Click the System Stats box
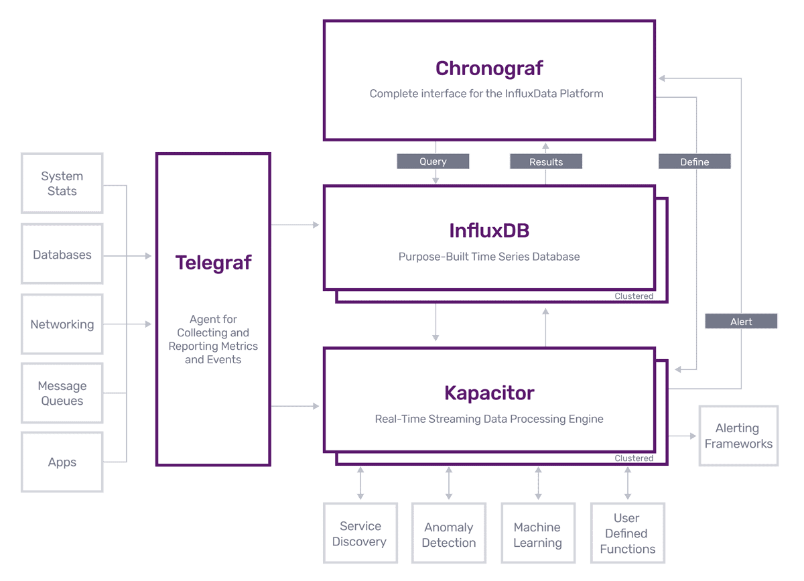(62, 184)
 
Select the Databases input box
(62, 255)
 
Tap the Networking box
(62, 324)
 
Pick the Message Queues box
(62, 393)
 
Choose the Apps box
(62, 462)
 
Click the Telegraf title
(213, 263)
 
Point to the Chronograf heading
(489, 68)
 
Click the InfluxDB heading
(489, 231)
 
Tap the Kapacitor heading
(489, 393)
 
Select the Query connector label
(433, 162)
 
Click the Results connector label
(546, 162)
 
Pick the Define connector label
(694, 162)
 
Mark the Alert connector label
(741, 322)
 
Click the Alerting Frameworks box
(738, 436)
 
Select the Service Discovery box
(360, 534)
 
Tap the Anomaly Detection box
(449, 535)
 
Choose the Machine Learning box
(537, 535)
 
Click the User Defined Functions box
(627, 533)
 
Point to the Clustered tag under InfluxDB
(634, 296)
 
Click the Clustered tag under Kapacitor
(634, 458)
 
